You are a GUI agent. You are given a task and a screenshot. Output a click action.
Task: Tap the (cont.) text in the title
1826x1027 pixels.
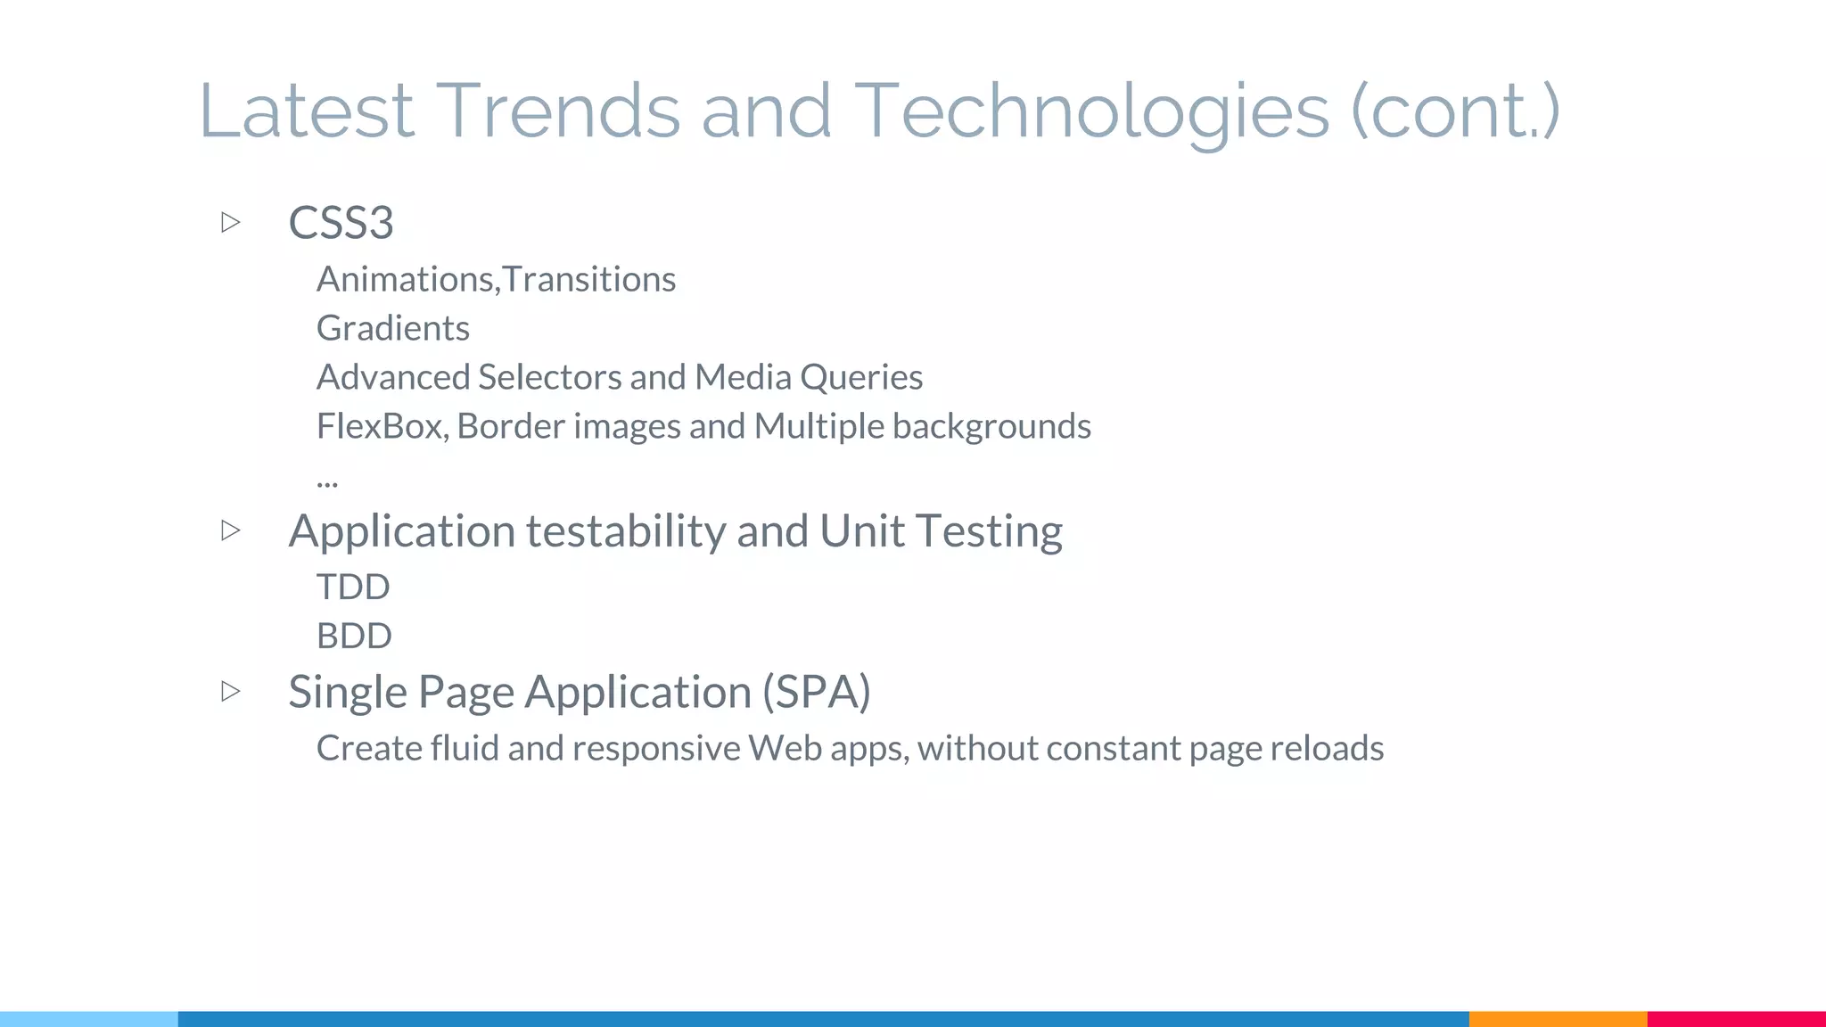point(1455,112)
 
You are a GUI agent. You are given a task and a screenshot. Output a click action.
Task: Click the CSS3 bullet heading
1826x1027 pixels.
point(341,222)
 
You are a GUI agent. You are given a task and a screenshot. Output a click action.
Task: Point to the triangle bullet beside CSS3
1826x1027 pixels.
point(231,222)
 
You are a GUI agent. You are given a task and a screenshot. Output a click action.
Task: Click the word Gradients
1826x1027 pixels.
point(393,328)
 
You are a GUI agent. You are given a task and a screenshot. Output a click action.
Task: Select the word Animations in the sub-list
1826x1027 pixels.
point(406,279)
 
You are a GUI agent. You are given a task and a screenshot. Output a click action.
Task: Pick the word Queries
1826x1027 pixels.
point(860,377)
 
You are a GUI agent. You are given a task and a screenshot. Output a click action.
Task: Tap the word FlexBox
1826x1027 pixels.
point(382,426)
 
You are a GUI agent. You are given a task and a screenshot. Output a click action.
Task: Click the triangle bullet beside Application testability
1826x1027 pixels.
point(231,530)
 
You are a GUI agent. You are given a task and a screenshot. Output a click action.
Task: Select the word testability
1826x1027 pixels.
point(626,530)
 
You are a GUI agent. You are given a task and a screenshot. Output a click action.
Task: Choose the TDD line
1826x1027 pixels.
point(353,587)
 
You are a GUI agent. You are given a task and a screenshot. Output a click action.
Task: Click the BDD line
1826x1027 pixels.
point(354,636)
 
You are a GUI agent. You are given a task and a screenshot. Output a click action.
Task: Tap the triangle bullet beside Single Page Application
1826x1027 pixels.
point(231,691)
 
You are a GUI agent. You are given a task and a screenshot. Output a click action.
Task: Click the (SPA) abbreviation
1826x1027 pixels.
point(816,692)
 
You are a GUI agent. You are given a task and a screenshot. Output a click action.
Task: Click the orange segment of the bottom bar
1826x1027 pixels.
point(1558,1018)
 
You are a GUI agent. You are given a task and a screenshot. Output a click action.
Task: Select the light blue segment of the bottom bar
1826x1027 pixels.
point(89,1018)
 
